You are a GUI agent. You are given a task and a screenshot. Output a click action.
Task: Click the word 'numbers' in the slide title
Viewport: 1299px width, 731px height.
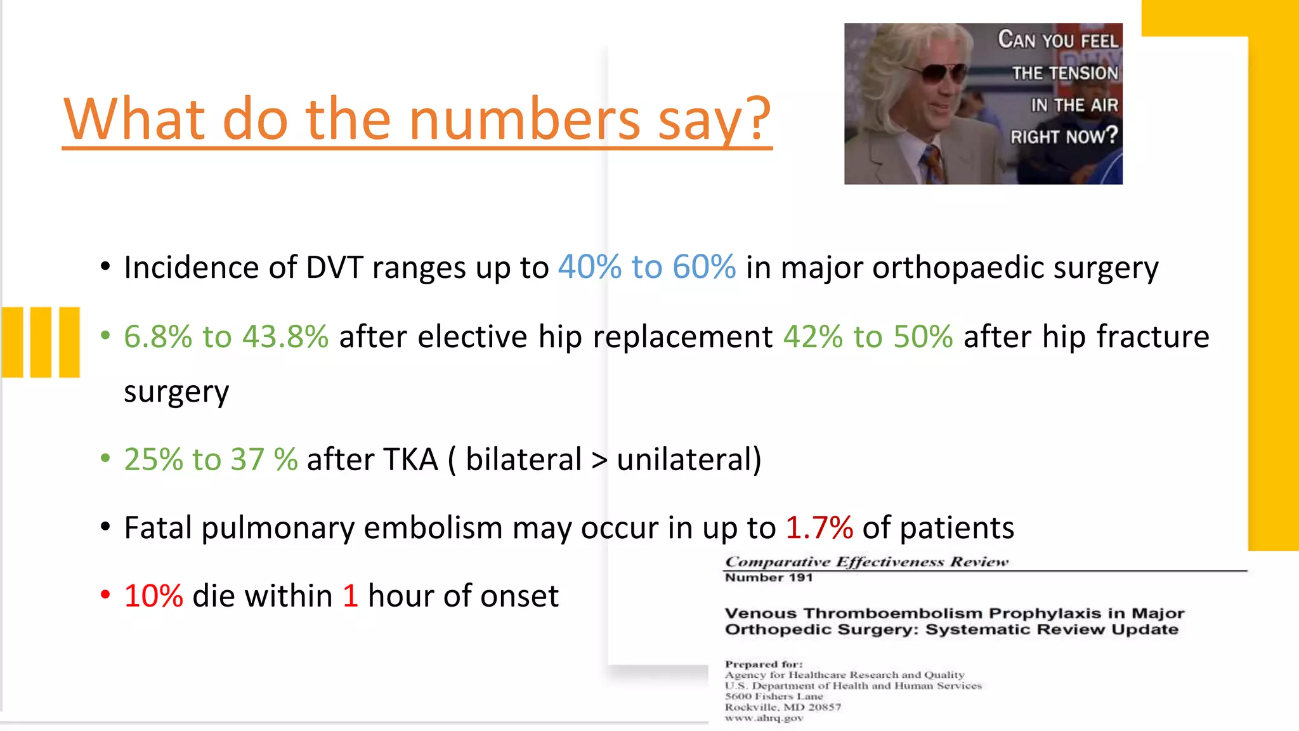click(525, 119)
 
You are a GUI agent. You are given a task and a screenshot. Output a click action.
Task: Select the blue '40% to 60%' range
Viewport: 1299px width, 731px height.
click(646, 267)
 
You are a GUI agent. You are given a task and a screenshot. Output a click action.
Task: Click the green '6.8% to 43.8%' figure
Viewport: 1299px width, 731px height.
click(226, 336)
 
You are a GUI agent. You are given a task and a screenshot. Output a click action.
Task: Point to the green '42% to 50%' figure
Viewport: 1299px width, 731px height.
click(868, 336)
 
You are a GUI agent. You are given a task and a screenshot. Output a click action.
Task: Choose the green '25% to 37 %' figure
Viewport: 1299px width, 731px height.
click(211, 459)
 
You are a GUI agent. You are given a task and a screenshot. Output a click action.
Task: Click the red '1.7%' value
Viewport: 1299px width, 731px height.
click(819, 528)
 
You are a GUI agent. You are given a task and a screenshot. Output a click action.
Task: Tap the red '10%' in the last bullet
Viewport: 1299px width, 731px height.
click(153, 596)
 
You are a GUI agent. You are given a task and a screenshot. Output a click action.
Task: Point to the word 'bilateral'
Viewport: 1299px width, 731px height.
click(523, 459)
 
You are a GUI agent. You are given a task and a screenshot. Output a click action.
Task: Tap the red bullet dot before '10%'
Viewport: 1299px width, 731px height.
click(105, 595)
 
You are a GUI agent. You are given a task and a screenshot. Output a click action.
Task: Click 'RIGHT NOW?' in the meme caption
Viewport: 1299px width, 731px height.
click(1064, 136)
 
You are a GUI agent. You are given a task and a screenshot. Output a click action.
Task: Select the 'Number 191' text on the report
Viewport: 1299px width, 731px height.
click(768, 577)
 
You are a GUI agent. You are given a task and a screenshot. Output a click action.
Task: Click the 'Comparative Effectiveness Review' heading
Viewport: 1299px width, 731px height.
click(866, 562)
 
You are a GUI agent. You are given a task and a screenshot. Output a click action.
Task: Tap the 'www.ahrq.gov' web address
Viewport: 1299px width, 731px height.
click(764, 718)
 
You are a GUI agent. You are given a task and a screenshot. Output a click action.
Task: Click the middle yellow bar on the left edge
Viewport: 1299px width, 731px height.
click(41, 342)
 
